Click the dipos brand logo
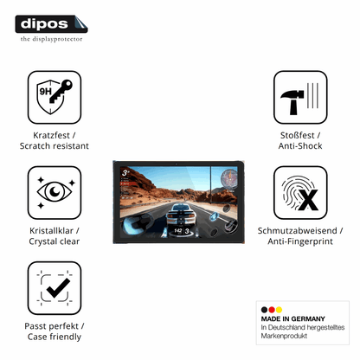(x=51, y=24)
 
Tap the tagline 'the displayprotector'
(x=51, y=39)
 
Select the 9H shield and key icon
(x=55, y=97)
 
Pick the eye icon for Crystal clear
(x=55, y=193)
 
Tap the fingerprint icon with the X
(x=300, y=193)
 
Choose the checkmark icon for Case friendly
(x=55, y=288)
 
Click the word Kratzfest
(x=51, y=135)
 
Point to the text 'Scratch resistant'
(x=55, y=146)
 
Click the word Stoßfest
(x=298, y=135)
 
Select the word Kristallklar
(x=51, y=231)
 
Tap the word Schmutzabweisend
(x=298, y=231)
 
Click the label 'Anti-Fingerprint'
(x=300, y=241)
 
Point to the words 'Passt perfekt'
(x=51, y=326)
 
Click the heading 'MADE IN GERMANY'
(x=293, y=318)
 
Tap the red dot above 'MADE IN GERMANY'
(x=272, y=310)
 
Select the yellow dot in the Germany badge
(x=279, y=310)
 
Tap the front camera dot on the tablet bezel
(x=177, y=164)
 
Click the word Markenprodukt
(x=284, y=336)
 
